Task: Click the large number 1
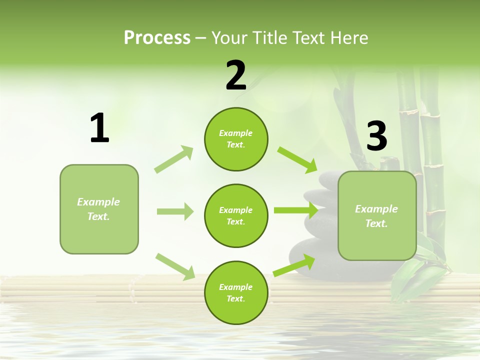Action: coord(99,128)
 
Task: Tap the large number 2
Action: coord(236,75)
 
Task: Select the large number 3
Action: coord(376,136)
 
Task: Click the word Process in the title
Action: coord(157,37)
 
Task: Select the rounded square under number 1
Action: coord(99,209)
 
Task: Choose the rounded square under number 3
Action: coord(377,215)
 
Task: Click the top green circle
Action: coord(236,139)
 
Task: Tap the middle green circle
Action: coord(236,215)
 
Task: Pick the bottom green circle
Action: coord(236,292)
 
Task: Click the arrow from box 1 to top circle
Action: coord(174,159)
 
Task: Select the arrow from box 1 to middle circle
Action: coord(175,211)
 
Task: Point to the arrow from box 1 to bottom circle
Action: coord(175,266)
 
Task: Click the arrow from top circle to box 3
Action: coord(297,159)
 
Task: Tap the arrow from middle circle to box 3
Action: coord(295,210)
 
